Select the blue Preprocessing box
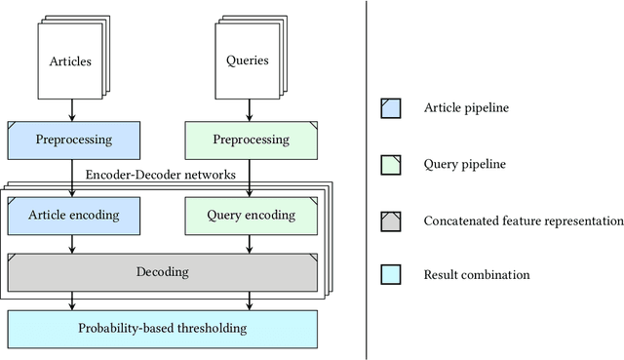(74, 140)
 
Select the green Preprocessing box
(252, 140)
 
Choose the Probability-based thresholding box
(163, 328)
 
